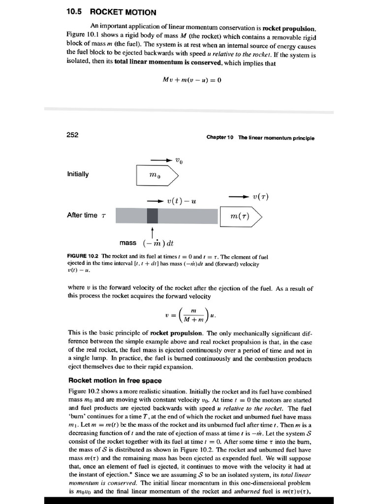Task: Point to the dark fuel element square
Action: pyautogui.click(x=153, y=216)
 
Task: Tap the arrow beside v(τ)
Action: pyautogui.click(x=239, y=196)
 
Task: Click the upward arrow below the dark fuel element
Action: pyautogui.click(x=153, y=231)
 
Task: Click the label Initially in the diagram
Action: pyautogui.click(x=78, y=174)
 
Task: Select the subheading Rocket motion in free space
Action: pyautogui.click(x=115, y=380)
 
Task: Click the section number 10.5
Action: pyautogui.click(x=75, y=12)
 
